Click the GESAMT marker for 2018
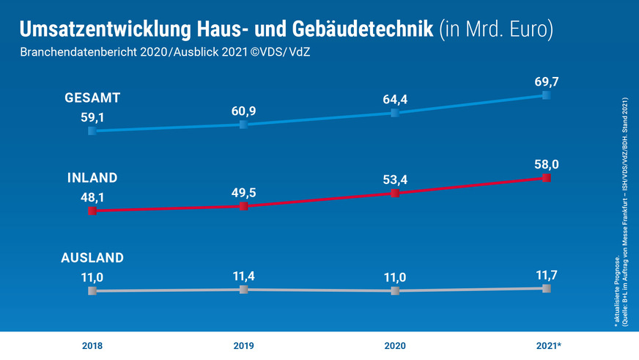92,131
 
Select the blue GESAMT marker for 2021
547,95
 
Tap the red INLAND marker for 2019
244,206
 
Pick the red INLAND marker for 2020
395,193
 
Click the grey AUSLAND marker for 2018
92,291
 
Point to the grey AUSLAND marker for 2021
547,288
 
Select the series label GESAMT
92,98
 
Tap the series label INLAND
92,178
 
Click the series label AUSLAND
92,257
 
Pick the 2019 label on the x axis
244,344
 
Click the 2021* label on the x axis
548,344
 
